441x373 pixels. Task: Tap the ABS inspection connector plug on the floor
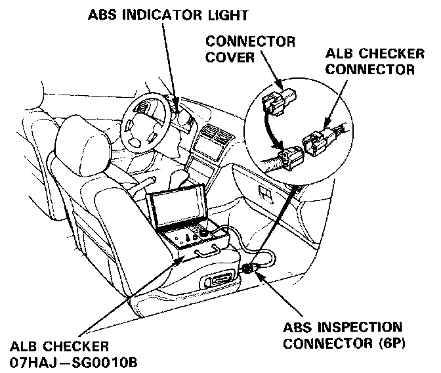(249, 269)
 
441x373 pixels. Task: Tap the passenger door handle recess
(264, 192)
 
